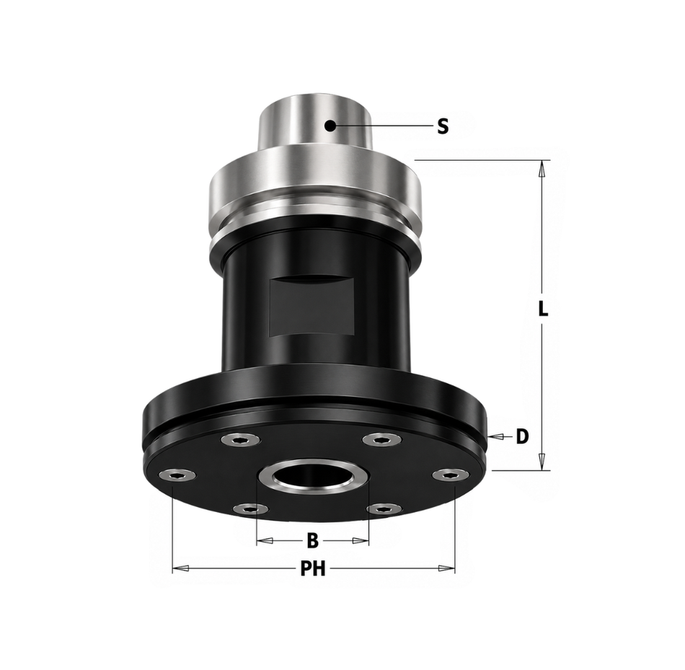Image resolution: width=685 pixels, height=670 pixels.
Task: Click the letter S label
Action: (x=443, y=126)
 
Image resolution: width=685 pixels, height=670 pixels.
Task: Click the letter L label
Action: (x=542, y=309)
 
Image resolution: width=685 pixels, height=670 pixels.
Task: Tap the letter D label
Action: (x=522, y=436)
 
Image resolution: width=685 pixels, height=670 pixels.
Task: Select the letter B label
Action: (x=312, y=541)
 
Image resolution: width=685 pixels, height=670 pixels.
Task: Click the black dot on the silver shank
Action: (x=330, y=126)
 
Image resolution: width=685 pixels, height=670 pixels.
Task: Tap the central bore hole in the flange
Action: (x=313, y=477)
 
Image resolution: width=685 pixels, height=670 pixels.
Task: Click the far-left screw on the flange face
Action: (x=177, y=475)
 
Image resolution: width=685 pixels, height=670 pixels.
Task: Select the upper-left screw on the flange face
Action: (x=240, y=440)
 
